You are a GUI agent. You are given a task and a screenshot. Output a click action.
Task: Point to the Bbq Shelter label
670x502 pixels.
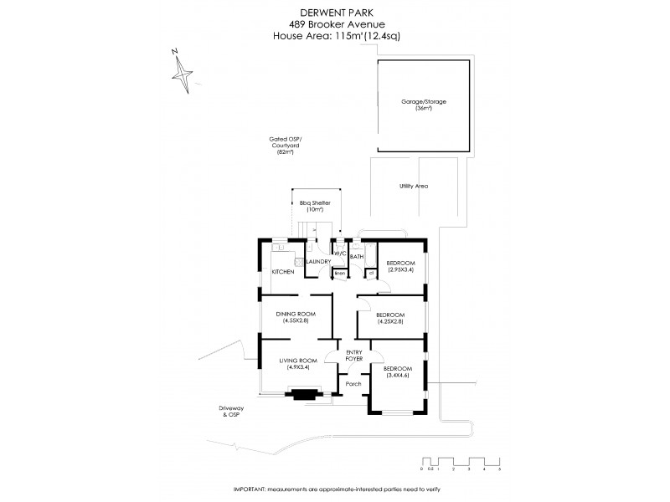pos(315,204)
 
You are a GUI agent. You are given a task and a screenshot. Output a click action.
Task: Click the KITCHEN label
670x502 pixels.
pos(282,273)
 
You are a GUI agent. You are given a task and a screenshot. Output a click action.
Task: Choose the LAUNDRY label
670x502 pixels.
pos(318,262)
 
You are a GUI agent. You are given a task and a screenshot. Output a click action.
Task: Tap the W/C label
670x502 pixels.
pos(340,254)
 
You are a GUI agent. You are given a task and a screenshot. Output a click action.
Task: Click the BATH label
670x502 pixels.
pos(356,257)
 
